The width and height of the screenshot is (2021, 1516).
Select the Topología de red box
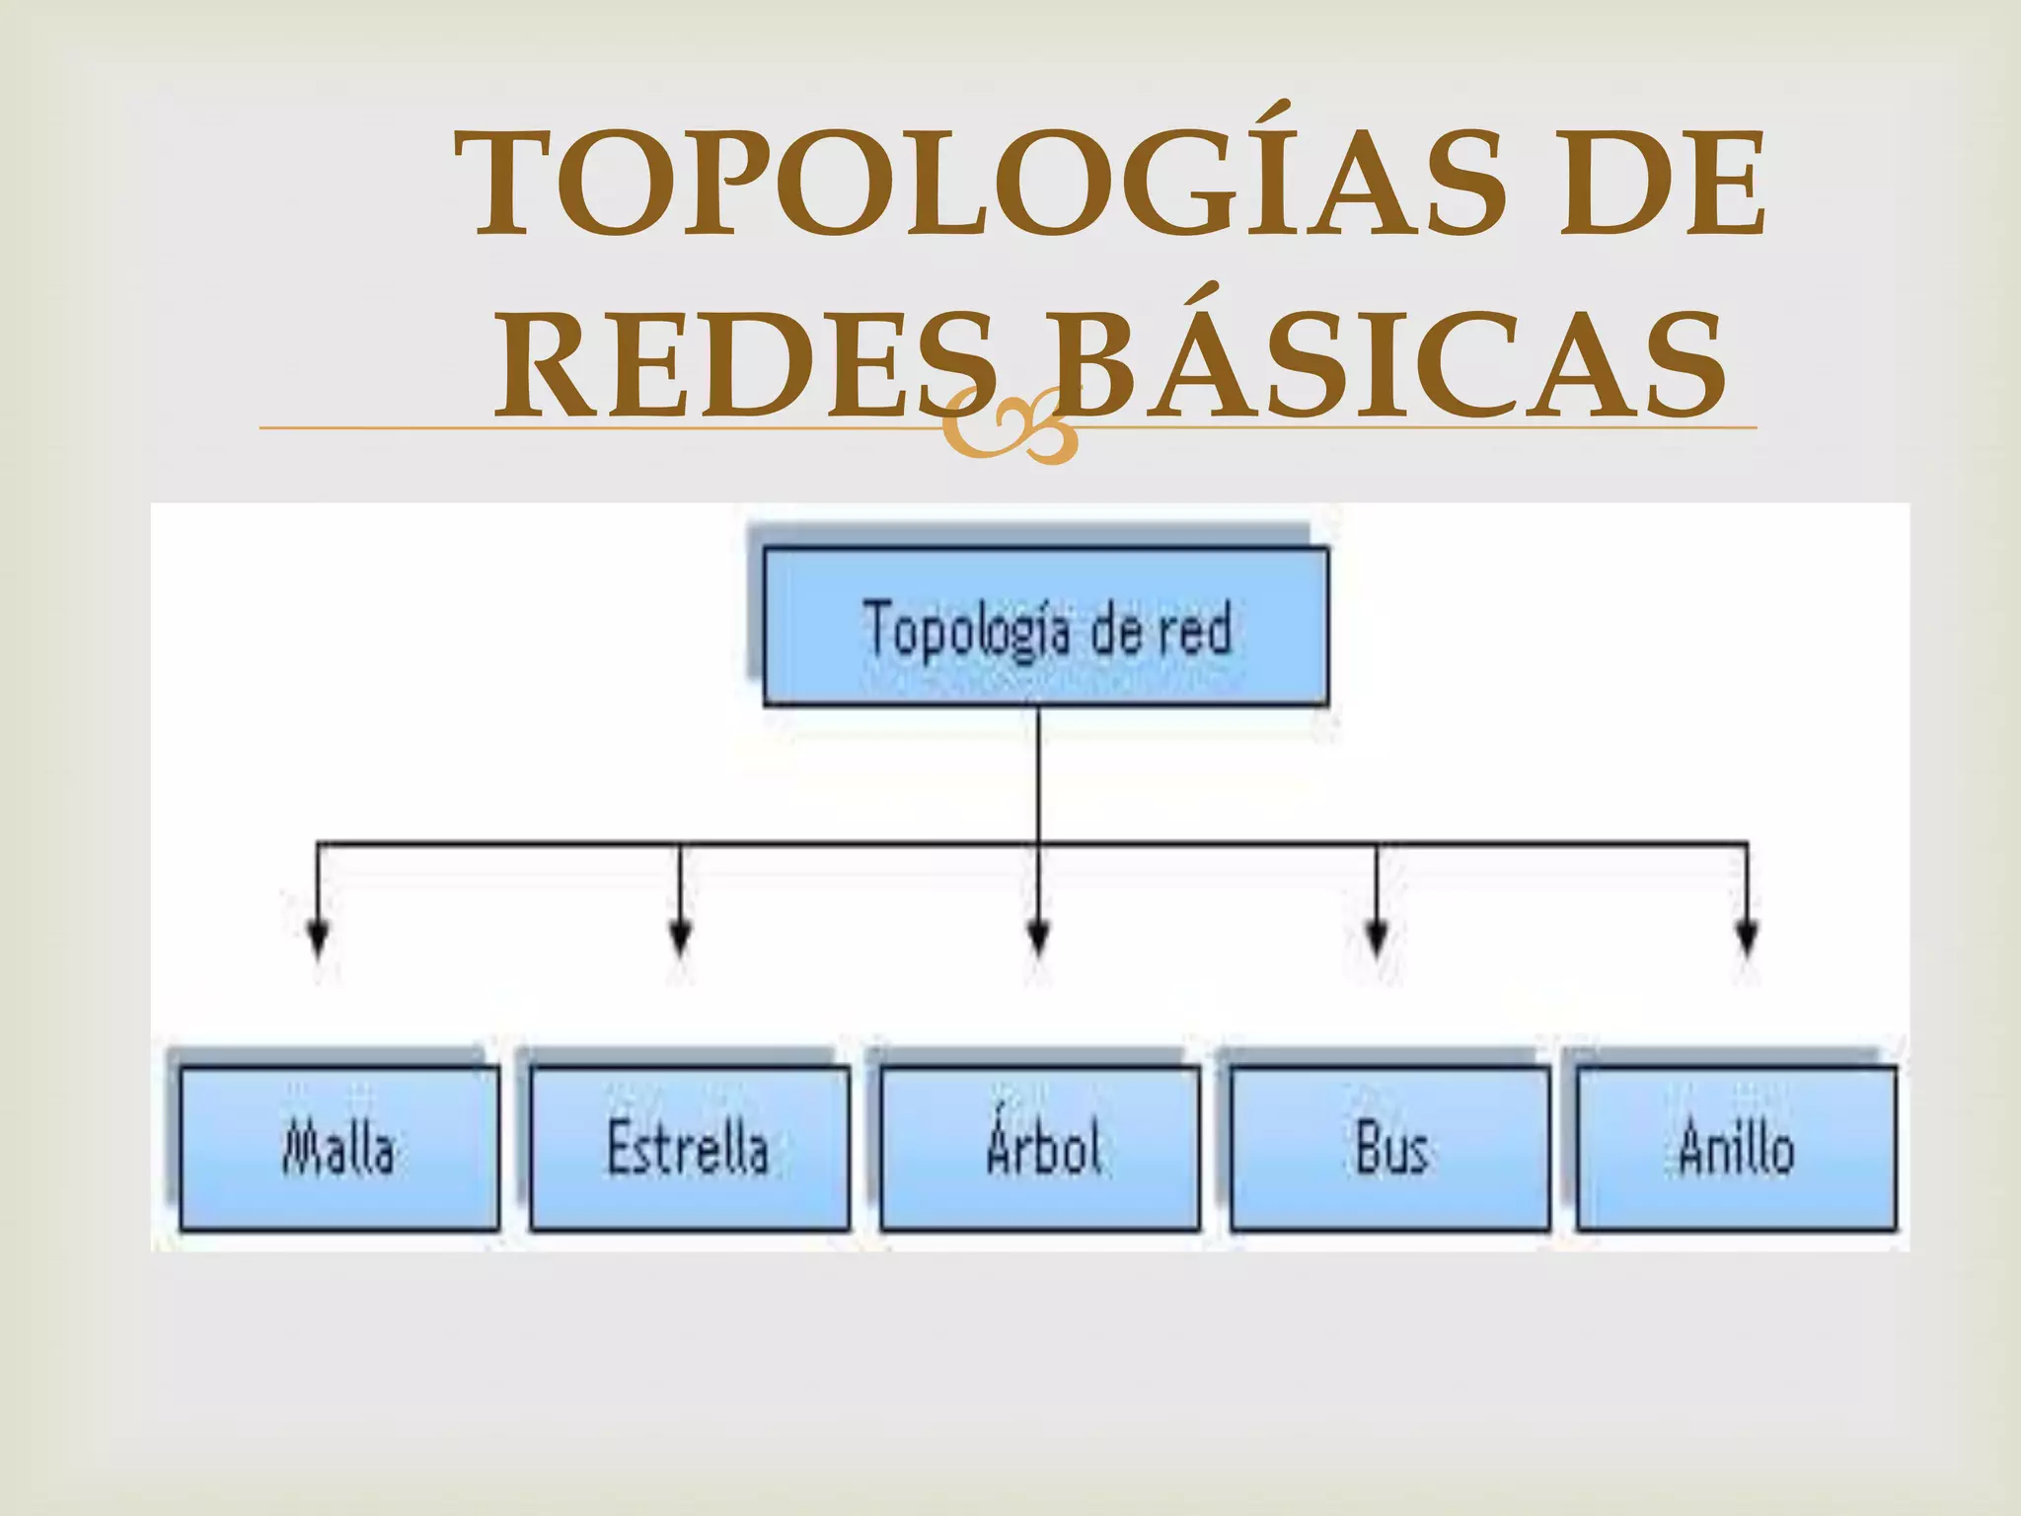1046,627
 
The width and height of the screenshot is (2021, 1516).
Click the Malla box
339,1149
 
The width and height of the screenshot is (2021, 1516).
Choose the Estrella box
689,1149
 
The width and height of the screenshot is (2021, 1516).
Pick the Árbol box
1040,1149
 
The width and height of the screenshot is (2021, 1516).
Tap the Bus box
1389,1149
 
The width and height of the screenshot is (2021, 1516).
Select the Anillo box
1737,1149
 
